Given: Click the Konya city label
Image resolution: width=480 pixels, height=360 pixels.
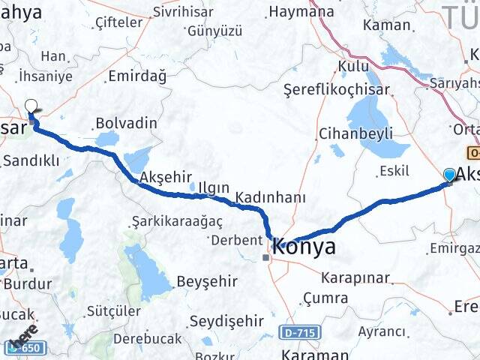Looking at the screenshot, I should coord(304,247).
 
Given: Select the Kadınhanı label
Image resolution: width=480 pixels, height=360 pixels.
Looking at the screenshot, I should coord(271,198).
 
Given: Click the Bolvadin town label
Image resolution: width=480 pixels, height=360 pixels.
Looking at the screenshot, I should coord(127,123).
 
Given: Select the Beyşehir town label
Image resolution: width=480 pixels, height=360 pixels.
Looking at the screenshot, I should coord(207,282).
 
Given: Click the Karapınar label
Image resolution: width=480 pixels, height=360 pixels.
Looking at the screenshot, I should coord(355,278).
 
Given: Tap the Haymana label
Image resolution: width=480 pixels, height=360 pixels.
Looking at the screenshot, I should coord(301,12).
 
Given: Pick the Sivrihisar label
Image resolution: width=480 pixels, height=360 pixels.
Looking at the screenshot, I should coord(183,12).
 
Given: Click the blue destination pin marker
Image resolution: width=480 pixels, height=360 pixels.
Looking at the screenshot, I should coord(449,175).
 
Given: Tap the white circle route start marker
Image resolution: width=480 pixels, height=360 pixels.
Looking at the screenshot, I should coord(31,106).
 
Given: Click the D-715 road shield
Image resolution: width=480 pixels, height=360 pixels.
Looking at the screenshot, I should coord(301,331).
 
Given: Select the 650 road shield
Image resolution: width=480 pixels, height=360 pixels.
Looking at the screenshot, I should coord(28,348).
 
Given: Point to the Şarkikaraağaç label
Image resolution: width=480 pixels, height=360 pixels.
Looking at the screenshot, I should coord(166,221).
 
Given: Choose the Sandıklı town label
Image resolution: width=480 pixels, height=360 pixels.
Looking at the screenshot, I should coord(31,160).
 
